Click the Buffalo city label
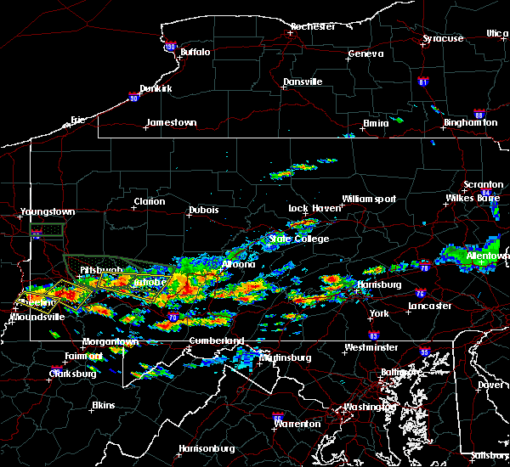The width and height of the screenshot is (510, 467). (x=195, y=52)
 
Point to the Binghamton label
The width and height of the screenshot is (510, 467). (x=469, y=123)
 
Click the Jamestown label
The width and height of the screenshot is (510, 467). (x=171, y=123)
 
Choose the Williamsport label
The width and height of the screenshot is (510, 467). (x=369, y=200)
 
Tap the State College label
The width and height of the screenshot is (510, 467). (x=292, y=239)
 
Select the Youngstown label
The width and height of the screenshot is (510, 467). (x=48, y=212)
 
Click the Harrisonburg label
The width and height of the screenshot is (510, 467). (x=206, y=448)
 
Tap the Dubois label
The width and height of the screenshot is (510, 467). (x=204, y=211)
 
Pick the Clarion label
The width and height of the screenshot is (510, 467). (x=149, y=202)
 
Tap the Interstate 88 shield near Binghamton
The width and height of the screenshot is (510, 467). (x=479, y=114)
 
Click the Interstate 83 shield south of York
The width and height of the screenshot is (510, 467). (x=375, y=336)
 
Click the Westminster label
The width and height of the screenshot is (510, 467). (x=368, y=348)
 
